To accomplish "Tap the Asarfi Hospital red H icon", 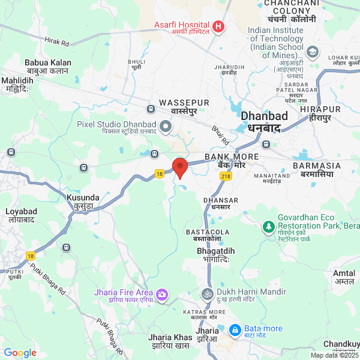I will (x=218, y=26).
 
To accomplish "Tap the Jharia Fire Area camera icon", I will (x=162, y=294).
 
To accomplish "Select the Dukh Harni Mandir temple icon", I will (x=206, y=294).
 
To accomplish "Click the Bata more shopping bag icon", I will (x=235, y=329).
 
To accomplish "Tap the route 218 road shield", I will (x=226, y=176).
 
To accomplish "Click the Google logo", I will (x=20, y=353).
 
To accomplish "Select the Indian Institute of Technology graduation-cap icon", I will (x=311, y=52).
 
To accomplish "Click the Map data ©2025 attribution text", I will (x=334, y=355).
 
